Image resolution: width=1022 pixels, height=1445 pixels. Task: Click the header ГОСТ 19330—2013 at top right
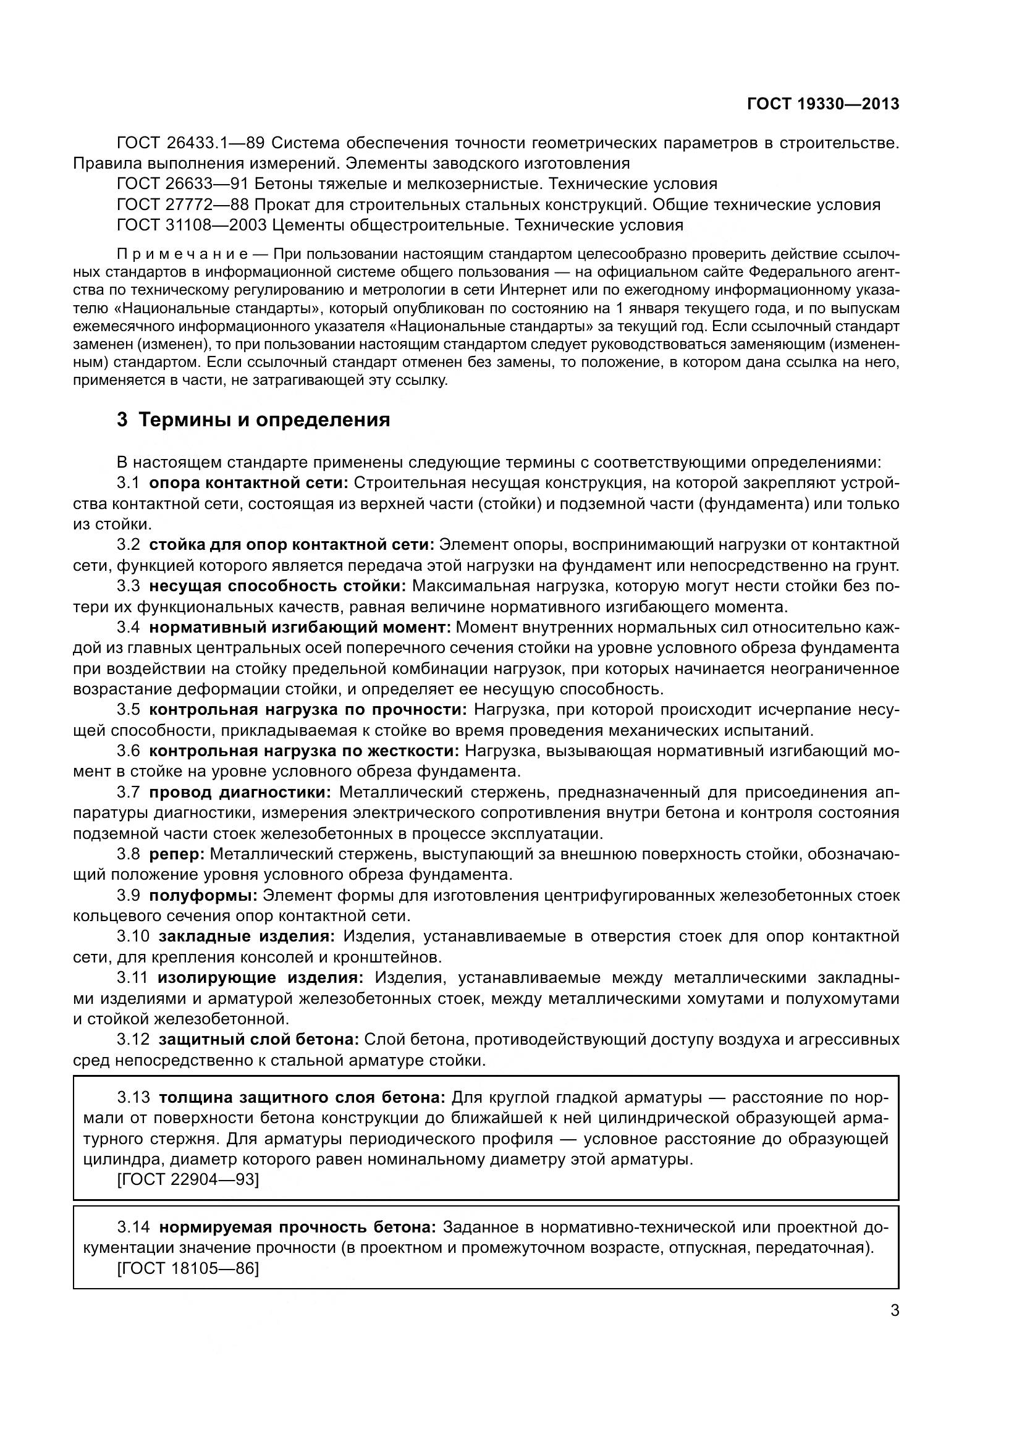[822, 104]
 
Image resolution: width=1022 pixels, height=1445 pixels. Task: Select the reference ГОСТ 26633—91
[184, 183]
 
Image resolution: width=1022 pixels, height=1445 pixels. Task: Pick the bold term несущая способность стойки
[277, 586]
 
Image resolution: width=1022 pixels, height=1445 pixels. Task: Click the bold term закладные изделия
[247, 937]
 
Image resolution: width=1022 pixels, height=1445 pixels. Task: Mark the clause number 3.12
[133, 1039]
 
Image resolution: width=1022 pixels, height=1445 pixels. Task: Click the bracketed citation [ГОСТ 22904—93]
[188, 1179]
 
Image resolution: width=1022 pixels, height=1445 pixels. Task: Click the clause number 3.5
[129, 710]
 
